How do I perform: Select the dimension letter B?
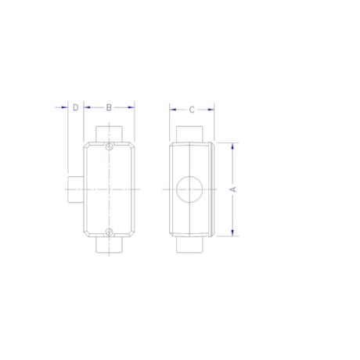coord(109,107)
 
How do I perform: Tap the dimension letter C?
coord(192,110)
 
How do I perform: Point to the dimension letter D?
coord(75,107)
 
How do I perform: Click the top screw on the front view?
coord(110,146)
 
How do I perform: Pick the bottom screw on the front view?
coord(110,231)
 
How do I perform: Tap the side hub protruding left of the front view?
coord(74,189)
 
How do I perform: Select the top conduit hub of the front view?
coord(110,132)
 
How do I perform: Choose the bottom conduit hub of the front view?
coord(110,245)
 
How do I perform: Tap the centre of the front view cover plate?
coord(110,189)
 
